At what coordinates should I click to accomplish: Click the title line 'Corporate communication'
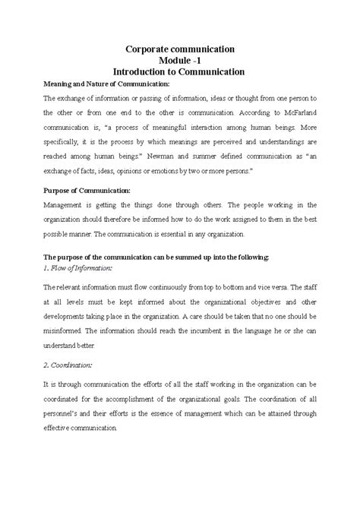[180, 48]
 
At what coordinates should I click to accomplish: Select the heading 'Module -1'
[180, 60]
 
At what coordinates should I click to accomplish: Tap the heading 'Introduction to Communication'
[180, 72]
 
